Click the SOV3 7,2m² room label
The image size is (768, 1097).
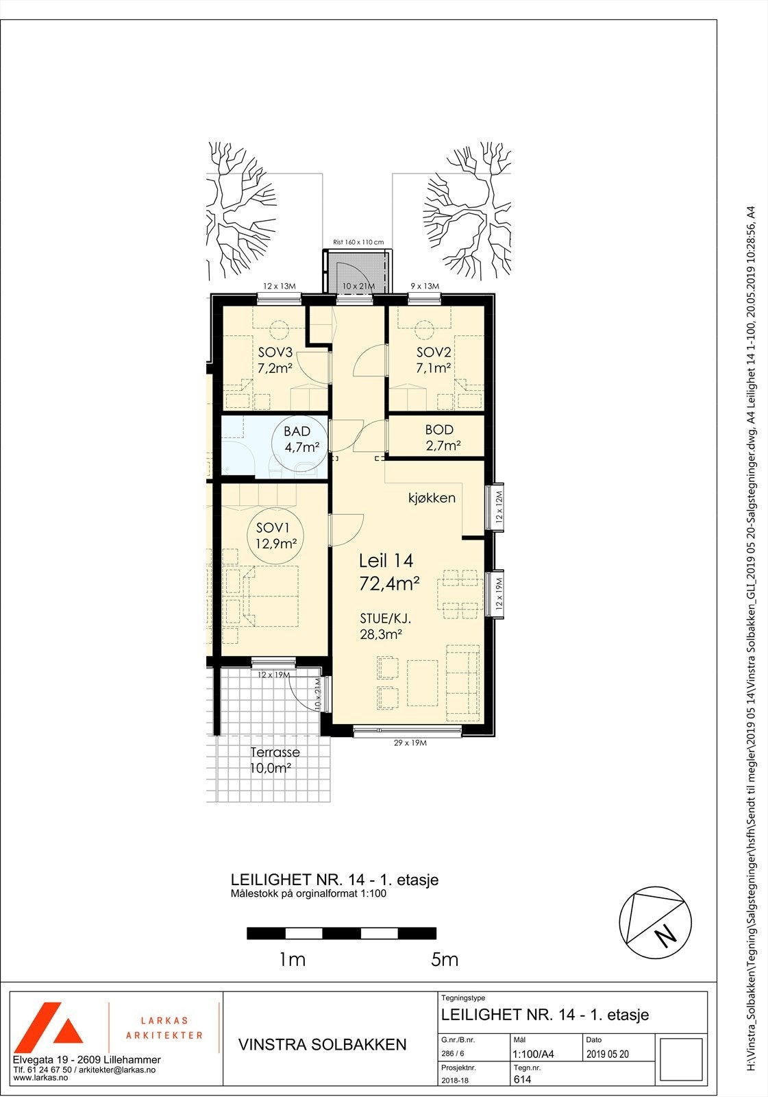click(x=275, y=360)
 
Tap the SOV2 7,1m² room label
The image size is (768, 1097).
click(x=433, y=360)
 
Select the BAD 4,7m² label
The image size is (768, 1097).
click(x=297, y=439)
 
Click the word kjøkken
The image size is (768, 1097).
click(x=431, y=498)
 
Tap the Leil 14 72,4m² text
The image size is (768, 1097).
click(x=388, y=572)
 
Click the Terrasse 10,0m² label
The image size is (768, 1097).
click(x=274, y=760)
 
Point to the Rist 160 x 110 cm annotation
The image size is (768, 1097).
click(x=358, y=243)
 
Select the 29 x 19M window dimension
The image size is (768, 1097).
click(x=410, y=743)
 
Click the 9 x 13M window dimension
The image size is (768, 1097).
click(x=425, y=286)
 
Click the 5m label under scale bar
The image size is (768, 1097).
click(x=445, y=960)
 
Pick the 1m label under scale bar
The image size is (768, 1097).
click(x=292, y=960)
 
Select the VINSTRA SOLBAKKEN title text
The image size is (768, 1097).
click(x=322, y=1045)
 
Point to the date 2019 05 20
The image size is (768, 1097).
click(x=607, y=1054)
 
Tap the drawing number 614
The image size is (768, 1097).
click(x=522, y=1080)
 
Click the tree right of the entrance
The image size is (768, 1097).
click(x=468, y=209)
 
